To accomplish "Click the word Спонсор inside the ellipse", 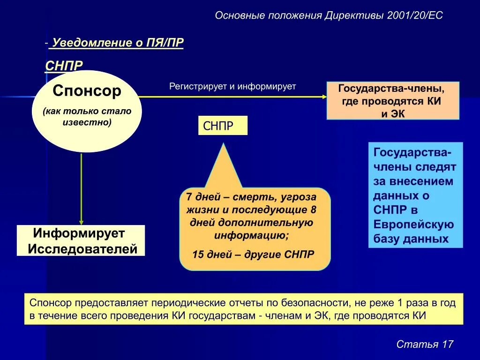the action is tap(87, 91).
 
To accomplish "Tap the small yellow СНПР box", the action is tap(223, 126).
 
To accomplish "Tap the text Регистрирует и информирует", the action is tap(232, 87).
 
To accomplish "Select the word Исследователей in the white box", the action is tap(82, 248).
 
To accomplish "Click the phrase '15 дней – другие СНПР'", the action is tap(253, 255).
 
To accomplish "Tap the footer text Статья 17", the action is tap(425, 344).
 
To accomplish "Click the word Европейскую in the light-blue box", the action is tap(413, 224).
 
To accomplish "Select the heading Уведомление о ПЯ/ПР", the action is tap(118, 43).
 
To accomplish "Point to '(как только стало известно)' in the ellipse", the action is tap(87, 117).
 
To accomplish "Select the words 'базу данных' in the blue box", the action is tap(411, 239).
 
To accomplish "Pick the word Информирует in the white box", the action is tap(79, 233).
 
